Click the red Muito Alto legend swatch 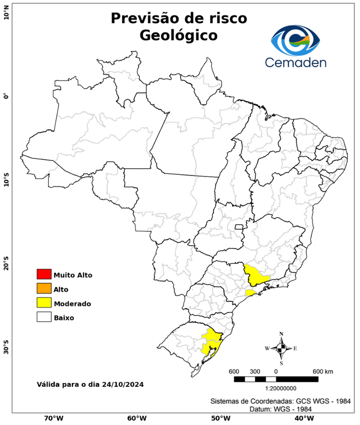pos(44,274)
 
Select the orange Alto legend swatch pos(44,288)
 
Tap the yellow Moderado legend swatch pos(44,303)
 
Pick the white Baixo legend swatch pos(44,317)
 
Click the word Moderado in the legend pos(72,303)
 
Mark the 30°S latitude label pos(6,350)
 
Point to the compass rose pos(281,348)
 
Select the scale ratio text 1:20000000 pos(276,388)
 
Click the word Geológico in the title pos(179,35)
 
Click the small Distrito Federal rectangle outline pos(239,226)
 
